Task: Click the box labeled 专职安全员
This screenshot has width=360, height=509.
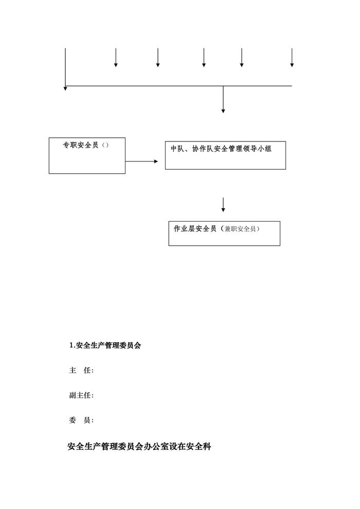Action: pos(87,155)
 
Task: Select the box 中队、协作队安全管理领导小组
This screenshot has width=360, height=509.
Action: pos(225,154)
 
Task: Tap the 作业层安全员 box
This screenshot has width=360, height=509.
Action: pos(224,233)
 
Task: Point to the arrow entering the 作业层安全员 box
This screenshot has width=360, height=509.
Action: pos(223,204)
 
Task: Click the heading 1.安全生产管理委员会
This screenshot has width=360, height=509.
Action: pos(105,346)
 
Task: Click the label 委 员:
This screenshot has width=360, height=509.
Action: pos(81,421)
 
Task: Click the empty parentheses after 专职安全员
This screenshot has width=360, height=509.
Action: pos(105,145)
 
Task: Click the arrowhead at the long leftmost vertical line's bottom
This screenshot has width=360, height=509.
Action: pos(65,88)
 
